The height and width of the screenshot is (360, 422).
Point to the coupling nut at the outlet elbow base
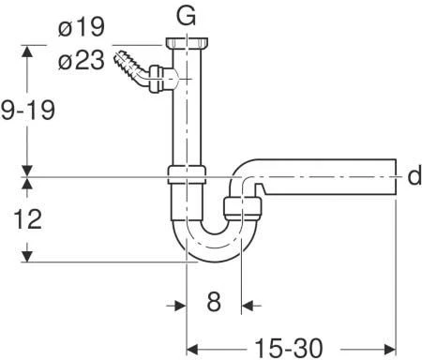(x=242, y=207)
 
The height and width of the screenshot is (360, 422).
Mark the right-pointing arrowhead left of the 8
(x=178, y=305)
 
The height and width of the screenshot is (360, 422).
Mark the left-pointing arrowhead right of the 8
(x=249, y=305)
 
